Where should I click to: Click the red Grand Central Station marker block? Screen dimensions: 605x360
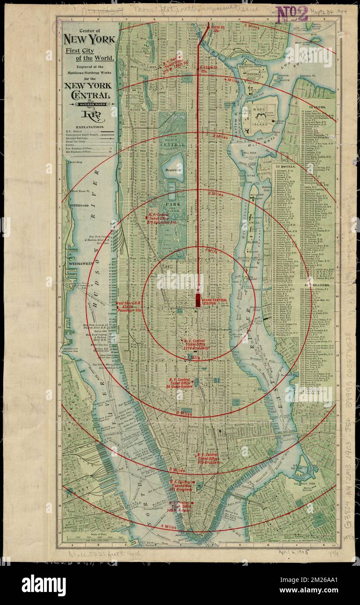[198, 300]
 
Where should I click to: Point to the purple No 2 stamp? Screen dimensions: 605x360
[292, 14]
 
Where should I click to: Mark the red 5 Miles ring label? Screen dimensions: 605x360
[251, 25]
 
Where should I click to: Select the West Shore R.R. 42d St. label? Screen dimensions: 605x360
[129, 306]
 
